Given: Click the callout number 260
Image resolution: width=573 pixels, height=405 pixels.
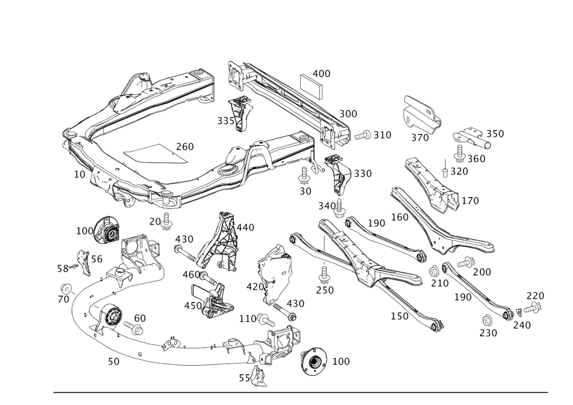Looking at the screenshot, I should [185, 146].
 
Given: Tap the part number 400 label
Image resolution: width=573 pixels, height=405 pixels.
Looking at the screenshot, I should [321, 74].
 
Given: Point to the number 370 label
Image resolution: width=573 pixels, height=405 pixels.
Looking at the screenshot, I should [419, 138].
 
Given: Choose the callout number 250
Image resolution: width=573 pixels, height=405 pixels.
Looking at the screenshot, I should [324, 290].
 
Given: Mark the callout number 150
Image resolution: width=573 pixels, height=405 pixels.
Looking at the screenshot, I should [399, 316].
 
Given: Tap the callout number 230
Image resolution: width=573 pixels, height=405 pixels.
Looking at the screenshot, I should [488, 332].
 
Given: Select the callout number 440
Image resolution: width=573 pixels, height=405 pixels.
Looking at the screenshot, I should [246, 227].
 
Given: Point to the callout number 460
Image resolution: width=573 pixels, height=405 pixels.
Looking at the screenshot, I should [191, 275].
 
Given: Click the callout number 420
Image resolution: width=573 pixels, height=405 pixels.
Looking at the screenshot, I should [254, 286].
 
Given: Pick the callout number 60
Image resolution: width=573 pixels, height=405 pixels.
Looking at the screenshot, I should [140, 318].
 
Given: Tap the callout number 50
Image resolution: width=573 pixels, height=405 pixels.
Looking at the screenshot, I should [113, 361].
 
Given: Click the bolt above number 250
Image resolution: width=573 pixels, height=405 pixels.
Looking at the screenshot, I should [324, 270].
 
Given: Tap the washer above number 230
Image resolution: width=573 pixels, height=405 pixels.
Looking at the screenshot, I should [487, 319].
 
